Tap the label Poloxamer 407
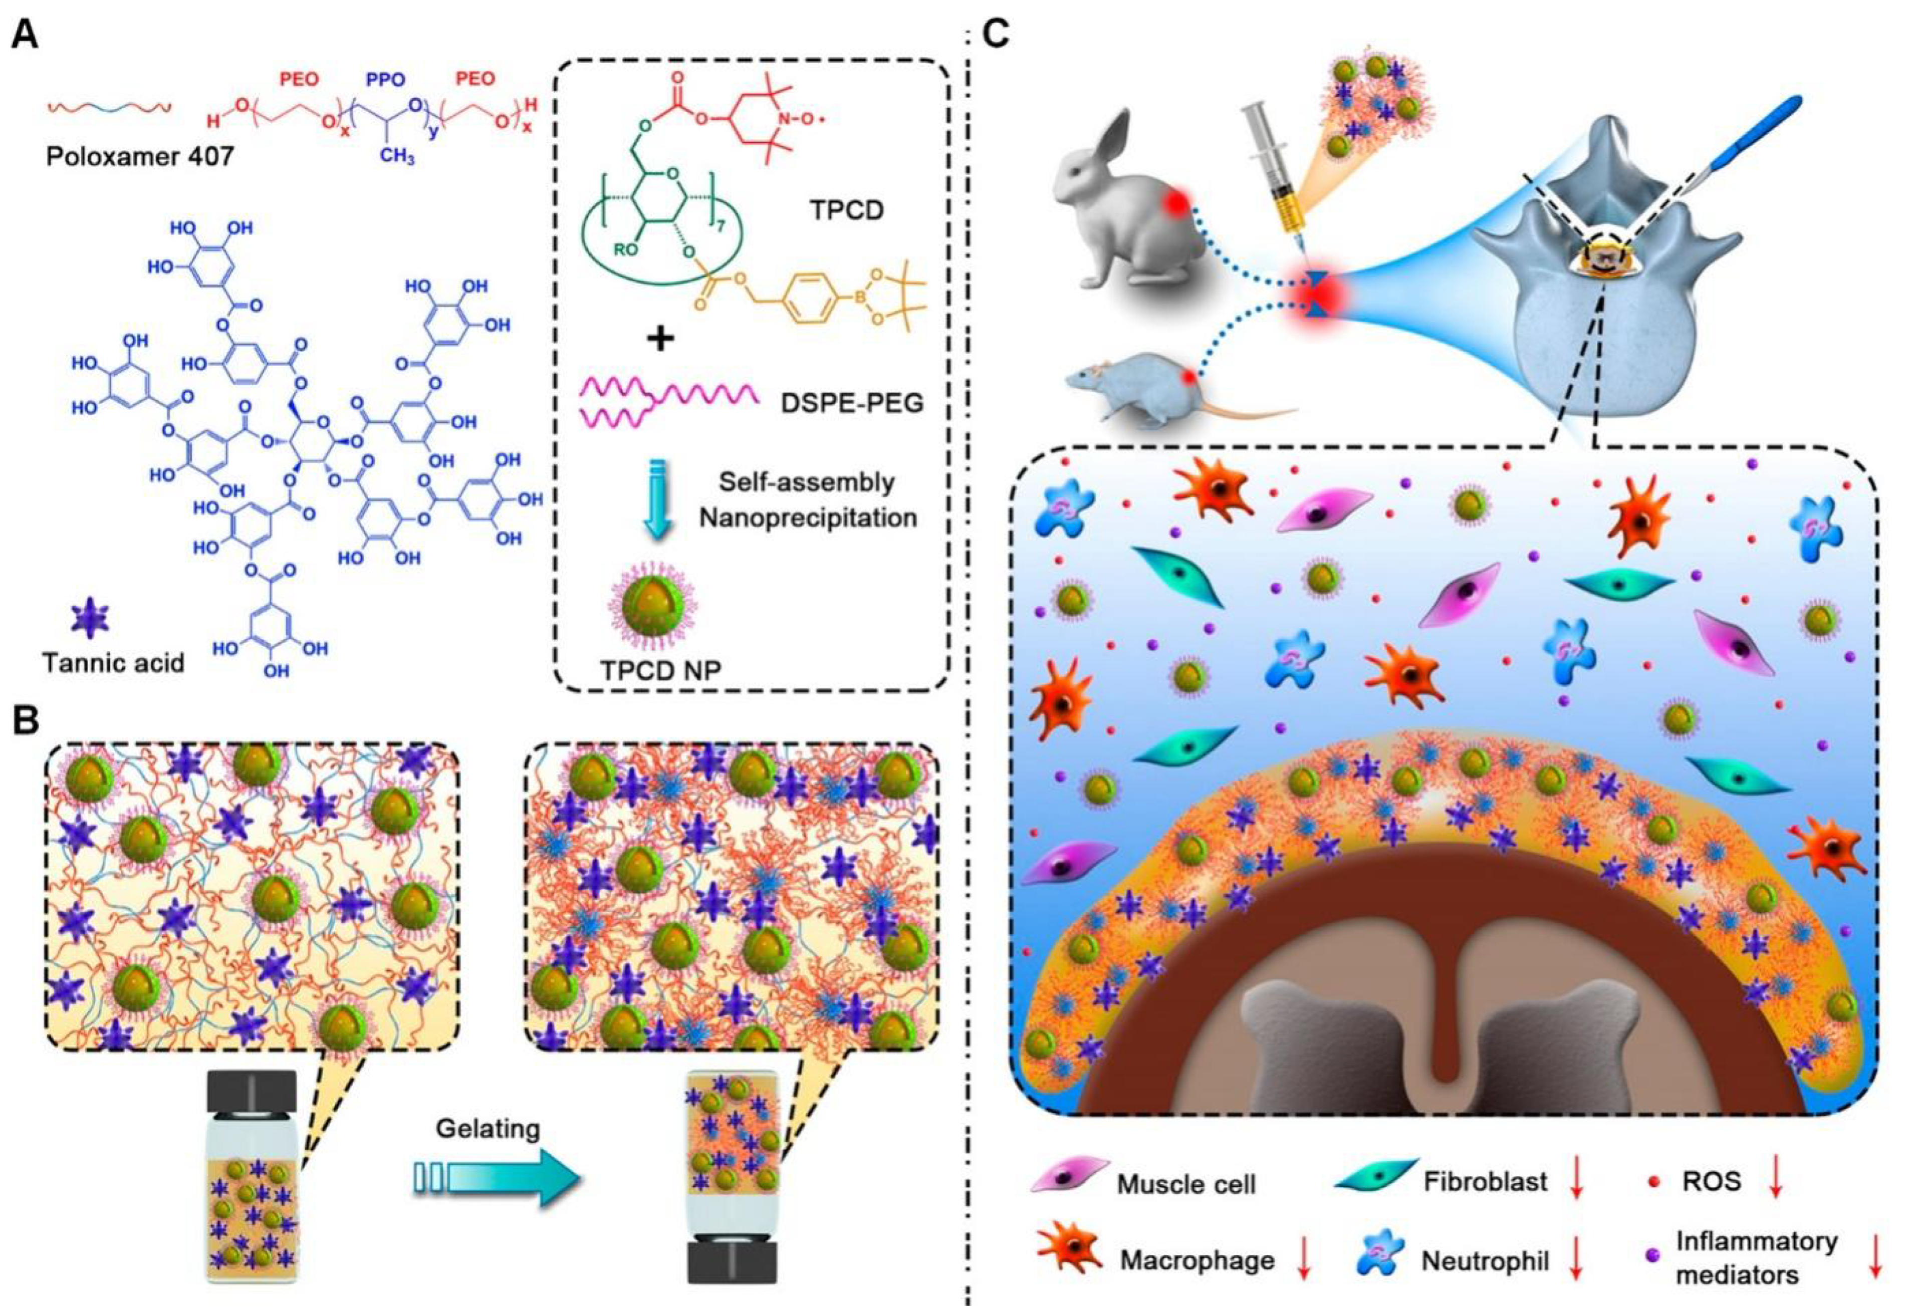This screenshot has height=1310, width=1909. (x=140, y=155)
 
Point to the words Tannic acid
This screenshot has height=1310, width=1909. (x=113, y=661)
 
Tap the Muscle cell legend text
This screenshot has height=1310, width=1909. (x=1185, y=1184)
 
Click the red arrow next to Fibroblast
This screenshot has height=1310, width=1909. (x=1575, y=1182)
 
